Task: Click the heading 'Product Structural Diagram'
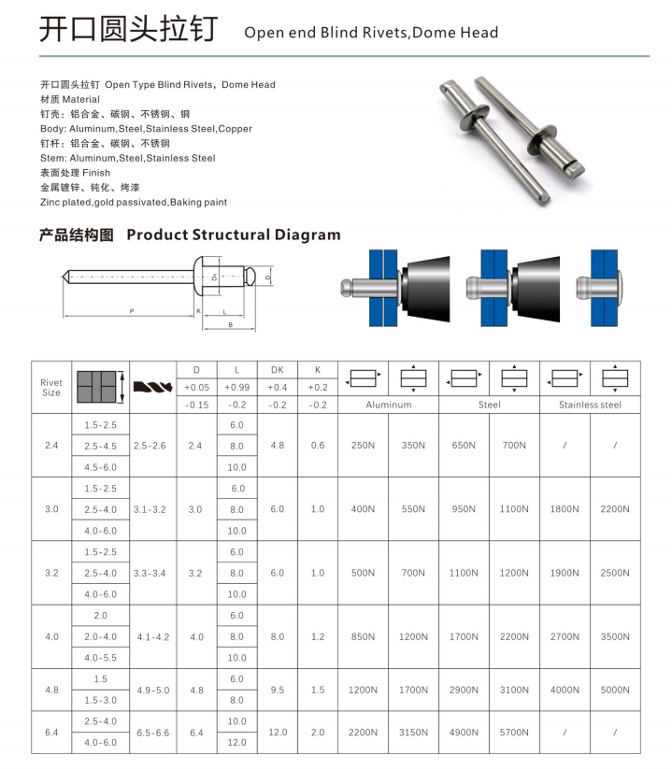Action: pos(233,235)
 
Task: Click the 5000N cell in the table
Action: pos(615,690)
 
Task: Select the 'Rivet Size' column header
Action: pos(51,388)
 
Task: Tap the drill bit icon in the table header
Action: pos(150,386)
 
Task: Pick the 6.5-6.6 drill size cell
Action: pos(150,733)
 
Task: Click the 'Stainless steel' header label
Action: pos(590,405)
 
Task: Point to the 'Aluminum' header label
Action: pos(388,405)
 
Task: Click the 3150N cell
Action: pos(413,733)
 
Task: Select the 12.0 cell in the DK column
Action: pos(277,733)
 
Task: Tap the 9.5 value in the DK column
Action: pos(277,690)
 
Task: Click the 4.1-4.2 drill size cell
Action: pos(150,636)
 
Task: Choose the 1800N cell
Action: pos(565,509)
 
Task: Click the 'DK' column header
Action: pos(277,370)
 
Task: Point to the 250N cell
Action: pos(363,446)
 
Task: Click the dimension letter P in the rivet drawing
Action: pos(132,310)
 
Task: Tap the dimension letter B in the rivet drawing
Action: pos(229,324)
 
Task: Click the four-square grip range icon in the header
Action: pos(98,386)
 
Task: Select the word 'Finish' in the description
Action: pos(96,173)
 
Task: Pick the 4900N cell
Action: pos(464,733)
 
